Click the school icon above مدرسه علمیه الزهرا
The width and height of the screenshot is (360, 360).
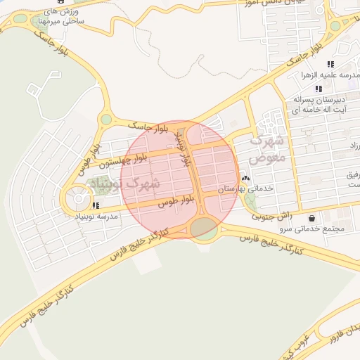(330, 64)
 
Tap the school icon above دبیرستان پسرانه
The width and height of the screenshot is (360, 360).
(319, 89)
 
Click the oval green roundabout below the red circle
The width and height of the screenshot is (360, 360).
(205, 227)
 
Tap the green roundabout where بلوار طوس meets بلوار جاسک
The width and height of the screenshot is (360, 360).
(107, 120)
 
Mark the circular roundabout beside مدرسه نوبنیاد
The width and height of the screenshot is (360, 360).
(76, 200)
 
